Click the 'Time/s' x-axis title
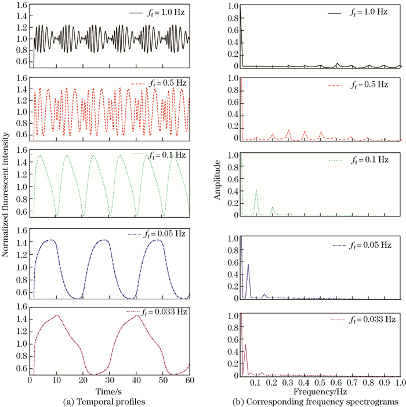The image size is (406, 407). (x=108, y=391)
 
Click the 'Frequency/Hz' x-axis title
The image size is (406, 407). (x=320, y=391)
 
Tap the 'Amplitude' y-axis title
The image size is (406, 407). (x=217, y=180)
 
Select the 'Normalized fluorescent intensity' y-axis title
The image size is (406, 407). (x=5, y=195)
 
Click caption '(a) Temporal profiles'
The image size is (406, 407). (x=104, y=402)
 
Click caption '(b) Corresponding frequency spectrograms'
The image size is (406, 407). (x=315, y=402)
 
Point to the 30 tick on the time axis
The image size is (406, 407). (x=110, y=380)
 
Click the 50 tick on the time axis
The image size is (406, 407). (x=163, y=380)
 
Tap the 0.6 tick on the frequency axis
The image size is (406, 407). (x=336, y=382)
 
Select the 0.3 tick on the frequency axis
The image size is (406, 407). (x=288, y=382)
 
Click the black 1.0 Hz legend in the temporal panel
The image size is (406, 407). (x=157, y=13)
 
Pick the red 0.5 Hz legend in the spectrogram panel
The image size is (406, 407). (x=358, y=85)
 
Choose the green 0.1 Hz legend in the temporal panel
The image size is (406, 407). (x=159, y=155)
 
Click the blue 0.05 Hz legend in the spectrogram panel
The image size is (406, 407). (x=362, y=245)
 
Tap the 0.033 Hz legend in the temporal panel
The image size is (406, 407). (x=157, y=311)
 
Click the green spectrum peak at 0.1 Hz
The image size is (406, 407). (x=256, y=189)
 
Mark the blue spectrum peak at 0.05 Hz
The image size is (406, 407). (x=248, y=264)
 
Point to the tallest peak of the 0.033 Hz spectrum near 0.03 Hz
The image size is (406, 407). (x=245, y=345)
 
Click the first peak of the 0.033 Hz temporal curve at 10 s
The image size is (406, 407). (x=57, y=316)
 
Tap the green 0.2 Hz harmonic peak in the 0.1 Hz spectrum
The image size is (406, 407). (x=273, y=207)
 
